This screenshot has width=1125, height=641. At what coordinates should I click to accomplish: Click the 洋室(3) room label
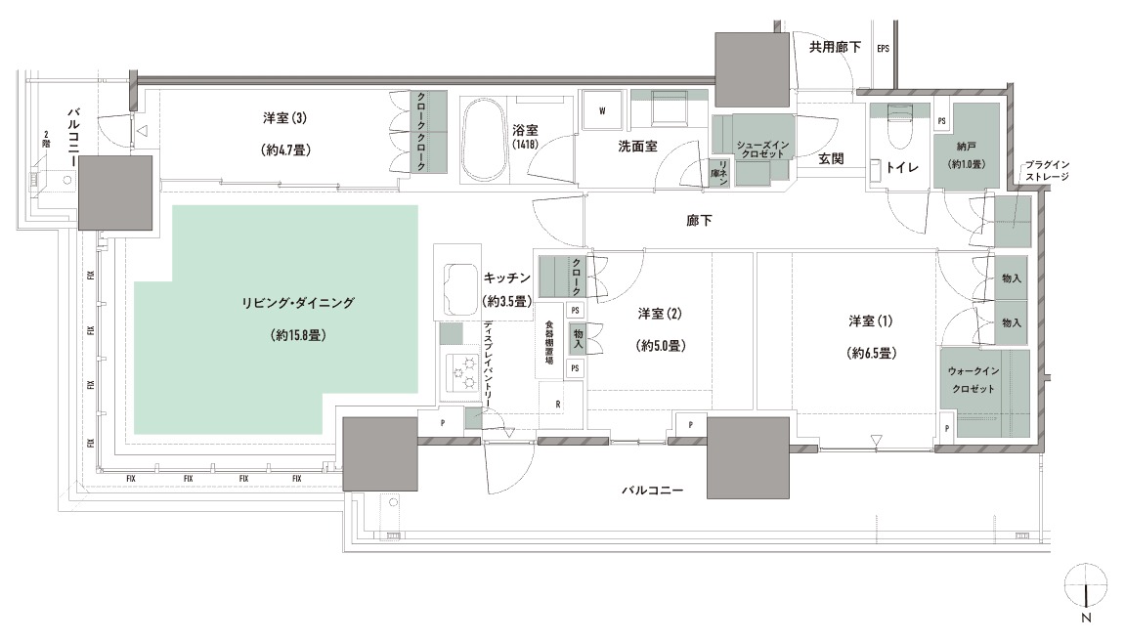pyautogui.click(x=285, y=119)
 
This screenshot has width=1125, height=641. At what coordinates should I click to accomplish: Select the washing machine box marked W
pyautogui.click(x=602, y=110)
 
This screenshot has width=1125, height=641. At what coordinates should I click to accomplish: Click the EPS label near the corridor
pyautogui.click(x=883, y=48)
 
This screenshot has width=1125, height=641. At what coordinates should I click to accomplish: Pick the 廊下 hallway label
pyautogui.click(x=699, y=221)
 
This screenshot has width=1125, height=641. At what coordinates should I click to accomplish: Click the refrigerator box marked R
pyautogui.click(x=556, y=404)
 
